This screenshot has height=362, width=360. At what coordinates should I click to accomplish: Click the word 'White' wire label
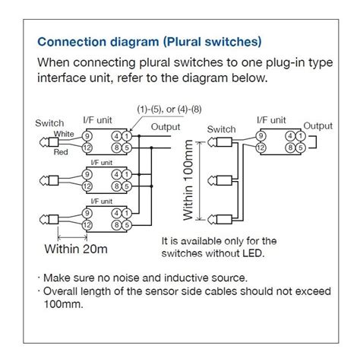click(x=64, y=133)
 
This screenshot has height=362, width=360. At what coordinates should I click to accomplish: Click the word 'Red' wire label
click(x=62, y=152)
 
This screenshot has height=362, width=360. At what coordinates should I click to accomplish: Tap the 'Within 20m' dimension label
click(x=75, y=248)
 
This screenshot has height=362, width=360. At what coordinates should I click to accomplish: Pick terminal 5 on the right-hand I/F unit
click(x=300, y=148)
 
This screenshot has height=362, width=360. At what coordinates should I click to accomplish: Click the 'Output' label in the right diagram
click(x=318, y=125)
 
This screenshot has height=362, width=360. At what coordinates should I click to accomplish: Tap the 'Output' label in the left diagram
click(x=166, y=125)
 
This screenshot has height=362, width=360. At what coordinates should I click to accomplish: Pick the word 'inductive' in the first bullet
click(x=171, y=277)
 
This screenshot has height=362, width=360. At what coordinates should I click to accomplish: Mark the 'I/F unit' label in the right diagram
click(x=272, y=120)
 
